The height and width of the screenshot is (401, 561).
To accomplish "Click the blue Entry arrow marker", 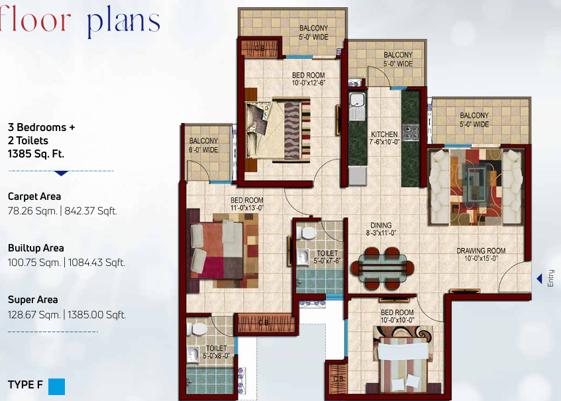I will [x=539, y=278].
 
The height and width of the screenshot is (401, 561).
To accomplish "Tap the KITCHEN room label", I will [x=384, y=135].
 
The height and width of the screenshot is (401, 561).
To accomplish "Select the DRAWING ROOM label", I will [x=481, y=251].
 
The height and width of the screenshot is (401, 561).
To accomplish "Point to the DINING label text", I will [x=381, y=225].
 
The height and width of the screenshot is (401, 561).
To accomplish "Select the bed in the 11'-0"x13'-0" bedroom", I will [x=222, y=248].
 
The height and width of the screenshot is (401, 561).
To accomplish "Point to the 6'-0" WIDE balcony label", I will [x=203, y=145].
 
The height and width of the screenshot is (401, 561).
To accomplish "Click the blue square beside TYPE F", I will [x=56, y=386].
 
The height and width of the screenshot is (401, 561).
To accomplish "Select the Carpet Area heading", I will [x=34, y=197].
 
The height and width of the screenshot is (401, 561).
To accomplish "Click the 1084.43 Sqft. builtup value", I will [x=95, y=263].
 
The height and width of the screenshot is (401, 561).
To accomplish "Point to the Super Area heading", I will [x=32, y=300].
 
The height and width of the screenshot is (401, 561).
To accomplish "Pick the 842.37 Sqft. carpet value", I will [x=91, y=211].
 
